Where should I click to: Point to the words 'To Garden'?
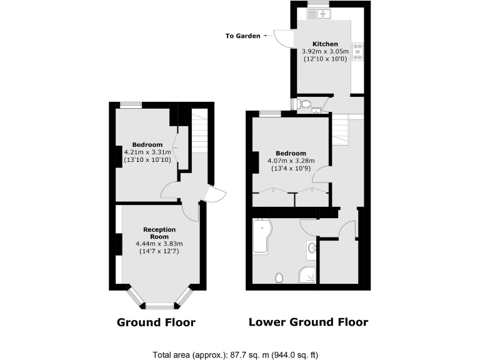242,36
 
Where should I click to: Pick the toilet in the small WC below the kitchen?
306,104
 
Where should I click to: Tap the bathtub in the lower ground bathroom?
261,236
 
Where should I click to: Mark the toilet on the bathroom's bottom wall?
279,276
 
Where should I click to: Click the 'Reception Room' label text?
159,232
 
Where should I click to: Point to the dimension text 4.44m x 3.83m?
159,244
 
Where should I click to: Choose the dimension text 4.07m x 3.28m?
291,161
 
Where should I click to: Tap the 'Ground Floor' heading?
156,322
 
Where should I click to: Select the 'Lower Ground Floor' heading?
308,322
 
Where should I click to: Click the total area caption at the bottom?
239,354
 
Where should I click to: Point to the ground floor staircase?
198,131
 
